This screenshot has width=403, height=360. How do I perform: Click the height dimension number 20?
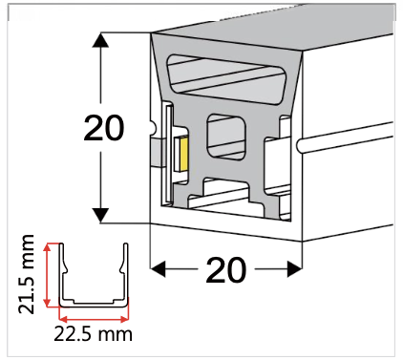click(104, 127)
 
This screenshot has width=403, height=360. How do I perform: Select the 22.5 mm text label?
click(94, 333)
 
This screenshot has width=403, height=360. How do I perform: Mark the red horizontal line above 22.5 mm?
click(94, 316)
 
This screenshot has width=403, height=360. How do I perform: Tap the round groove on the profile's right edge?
click(301, 146)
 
